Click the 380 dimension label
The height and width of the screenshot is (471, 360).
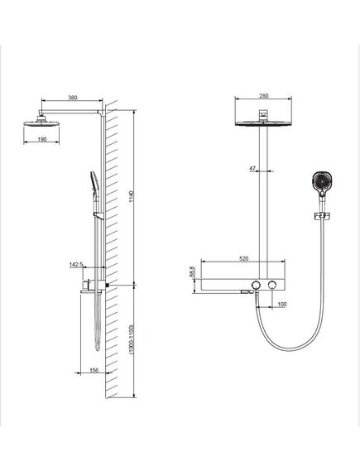click(x=73, y=98)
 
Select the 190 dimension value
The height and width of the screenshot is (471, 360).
click(x=42, y=139)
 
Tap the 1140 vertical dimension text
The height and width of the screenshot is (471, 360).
click(x=132, y=196)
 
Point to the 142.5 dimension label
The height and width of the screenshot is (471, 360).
click(x=76, y=265)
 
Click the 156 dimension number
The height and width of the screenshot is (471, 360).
click(x=94, y=370)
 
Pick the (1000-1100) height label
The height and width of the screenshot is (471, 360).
click(x=132, y=339)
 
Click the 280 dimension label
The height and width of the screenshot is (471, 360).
click(x=263, y=96)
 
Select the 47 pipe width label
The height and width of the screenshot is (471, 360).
click(x=252, y=168)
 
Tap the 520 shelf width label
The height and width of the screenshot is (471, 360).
click(x=244, y=258)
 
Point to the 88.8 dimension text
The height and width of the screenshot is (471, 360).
click(x=192, y=272)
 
